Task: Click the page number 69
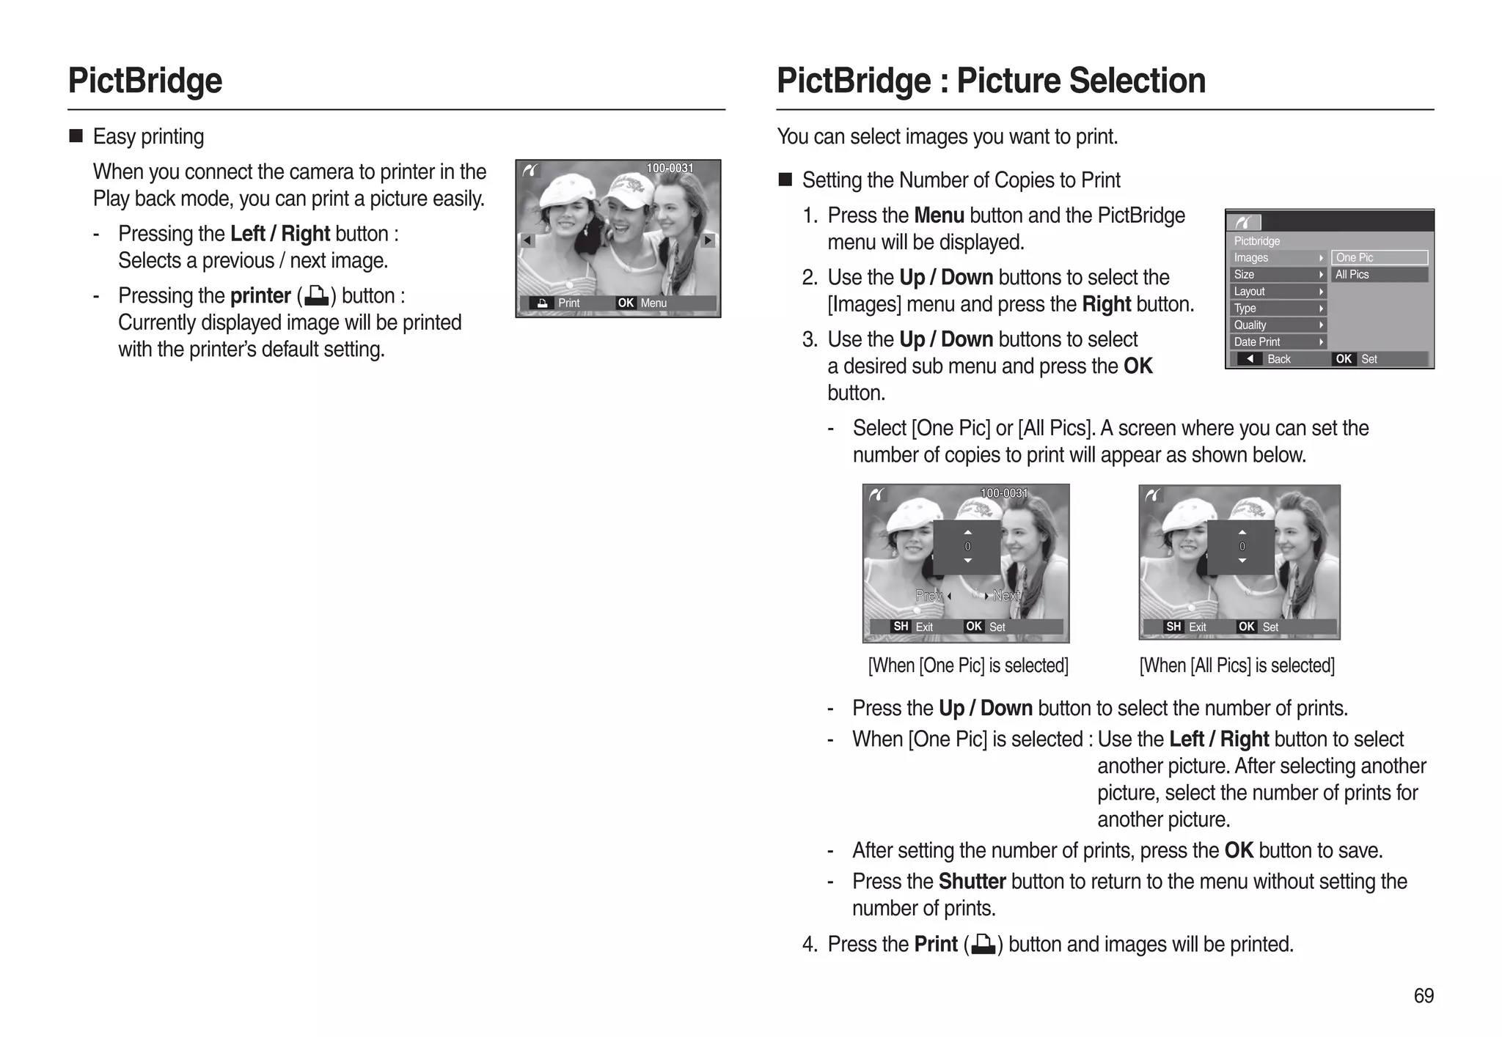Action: pyautogui.click(x=1423, y=995)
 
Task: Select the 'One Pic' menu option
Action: pyautogui.click(x=1379, y=257)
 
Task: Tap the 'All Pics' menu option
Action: pyautogui.click(x=1379, y=274)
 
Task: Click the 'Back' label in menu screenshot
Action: pyautogui.click(x=1278, y=358)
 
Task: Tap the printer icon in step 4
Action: pyautogui.click(x=983, y=945)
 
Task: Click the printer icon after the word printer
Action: pyautogui.click(x=316, y=296)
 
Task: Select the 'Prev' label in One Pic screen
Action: pyautogui.click(x=928, y=596)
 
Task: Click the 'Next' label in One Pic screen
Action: pyautogui.click(x=1006, y=596)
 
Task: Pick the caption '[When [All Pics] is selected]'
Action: pyautogui.click(x=1237, y=665)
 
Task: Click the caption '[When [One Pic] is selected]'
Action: pyautogui.click(x=967, y=665)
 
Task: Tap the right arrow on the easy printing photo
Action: pyautogui.click(x=707, y=240)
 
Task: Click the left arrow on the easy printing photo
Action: pyautogui.click(x=527, y=240)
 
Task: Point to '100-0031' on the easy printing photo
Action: pyautogui.click(x=669, y=168)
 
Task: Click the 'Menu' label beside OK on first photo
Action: pyautogui.click(x=653, y=303)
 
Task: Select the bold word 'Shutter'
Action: pyautogui.click(x=972, y=881)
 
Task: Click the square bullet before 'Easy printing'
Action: pyautogui.click(x=76, y=136)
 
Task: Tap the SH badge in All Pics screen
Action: pyautogui.click(x=1173, y=627)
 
